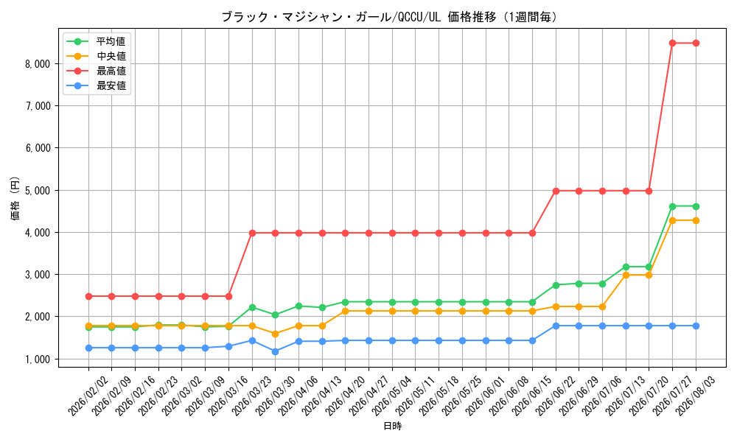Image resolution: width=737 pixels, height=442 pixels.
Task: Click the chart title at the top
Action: pyautogui.click(x=390, y=18)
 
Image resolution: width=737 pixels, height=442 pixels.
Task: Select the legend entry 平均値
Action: pyautogui.click(x=111, y=41)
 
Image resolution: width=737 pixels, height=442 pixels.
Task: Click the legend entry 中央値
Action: pyautogui.click(x=111, y=57)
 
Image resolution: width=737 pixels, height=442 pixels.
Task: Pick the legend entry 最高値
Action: pyautogui.click(x=111, y=71)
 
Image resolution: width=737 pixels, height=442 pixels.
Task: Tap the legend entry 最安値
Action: pyautogui.click(x=111, y=86)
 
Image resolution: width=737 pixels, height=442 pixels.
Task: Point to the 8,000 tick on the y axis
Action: pyautogui.click(x=38, y=64)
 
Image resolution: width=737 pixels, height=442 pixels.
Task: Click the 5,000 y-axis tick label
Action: pyautogui.click(x=38, y=191)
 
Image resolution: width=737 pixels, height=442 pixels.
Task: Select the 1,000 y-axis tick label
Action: pyautogui.click(x=38, y=359)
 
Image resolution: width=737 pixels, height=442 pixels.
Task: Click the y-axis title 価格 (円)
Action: pyautogui.click(x=15, y=197)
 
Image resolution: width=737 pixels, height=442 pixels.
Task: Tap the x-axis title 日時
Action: pyautogui.click(x=393, y=426)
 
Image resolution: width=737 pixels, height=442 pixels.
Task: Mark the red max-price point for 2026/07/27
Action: pyautogui.click(x=673, y=43)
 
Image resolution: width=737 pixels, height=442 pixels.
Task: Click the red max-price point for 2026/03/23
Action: pyautogui.click(x=252, y=233)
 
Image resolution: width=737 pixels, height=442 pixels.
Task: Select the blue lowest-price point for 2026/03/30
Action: pyautogui.click(x=276, y=351)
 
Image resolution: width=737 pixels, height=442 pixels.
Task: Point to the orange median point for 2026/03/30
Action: pyautogui.click(x=276, y=334)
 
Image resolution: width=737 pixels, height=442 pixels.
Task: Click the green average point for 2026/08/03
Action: pyautogui.click(x=696, y=207)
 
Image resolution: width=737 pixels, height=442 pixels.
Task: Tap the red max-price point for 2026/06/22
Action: pyautogui.click(x=556, y=192)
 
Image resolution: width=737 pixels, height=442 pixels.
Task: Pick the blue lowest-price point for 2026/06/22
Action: pyautogui.click(x=556, y=326)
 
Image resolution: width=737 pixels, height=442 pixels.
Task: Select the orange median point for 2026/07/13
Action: pyautogui.click(x=626, y=276)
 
